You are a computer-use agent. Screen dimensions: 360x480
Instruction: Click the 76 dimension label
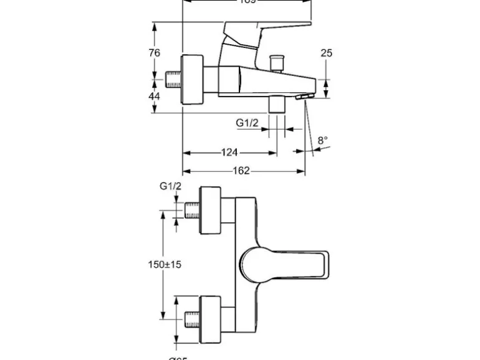coord(155,53)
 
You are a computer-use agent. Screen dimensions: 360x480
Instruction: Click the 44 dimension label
coord(155,96)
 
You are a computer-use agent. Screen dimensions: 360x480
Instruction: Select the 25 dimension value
coord(327,53)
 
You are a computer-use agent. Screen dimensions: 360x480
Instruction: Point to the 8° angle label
coord(322,141)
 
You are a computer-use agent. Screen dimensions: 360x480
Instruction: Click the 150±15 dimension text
coord(165,265)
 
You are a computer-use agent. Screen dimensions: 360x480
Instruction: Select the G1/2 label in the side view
coord(247,123)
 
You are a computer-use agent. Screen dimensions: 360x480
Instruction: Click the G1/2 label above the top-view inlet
coord(170,186)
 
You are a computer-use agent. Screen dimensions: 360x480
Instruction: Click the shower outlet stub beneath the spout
coord(276,105)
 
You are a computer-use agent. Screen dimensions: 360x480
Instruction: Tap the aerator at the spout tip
coord(303,98)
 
